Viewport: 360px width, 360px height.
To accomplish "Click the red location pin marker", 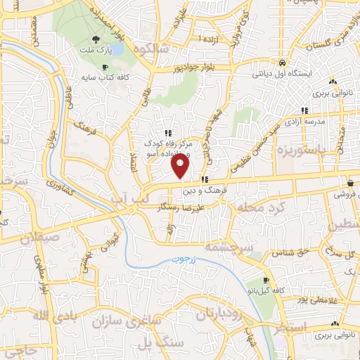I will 181,166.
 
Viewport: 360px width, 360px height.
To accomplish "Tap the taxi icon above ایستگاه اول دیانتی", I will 281,61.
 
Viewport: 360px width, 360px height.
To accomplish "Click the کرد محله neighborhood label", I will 259,209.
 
